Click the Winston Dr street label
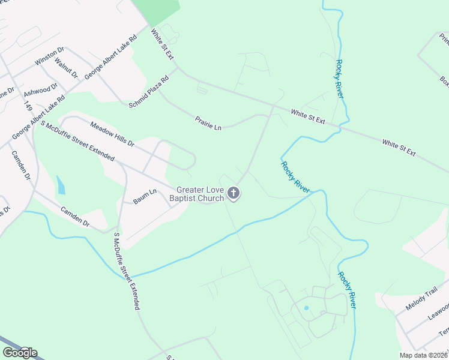coord(49,56)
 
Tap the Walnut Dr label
coord(66,68)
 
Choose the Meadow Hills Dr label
coord(112,135)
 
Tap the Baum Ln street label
coord(145,196)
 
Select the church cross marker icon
coord(234,193)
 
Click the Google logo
coord(20,353)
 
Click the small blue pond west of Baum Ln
coord(61,185)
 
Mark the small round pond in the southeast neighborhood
coord(306,308)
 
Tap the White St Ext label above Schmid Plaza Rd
coord(161,44)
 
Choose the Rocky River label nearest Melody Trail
coord(348,291)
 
